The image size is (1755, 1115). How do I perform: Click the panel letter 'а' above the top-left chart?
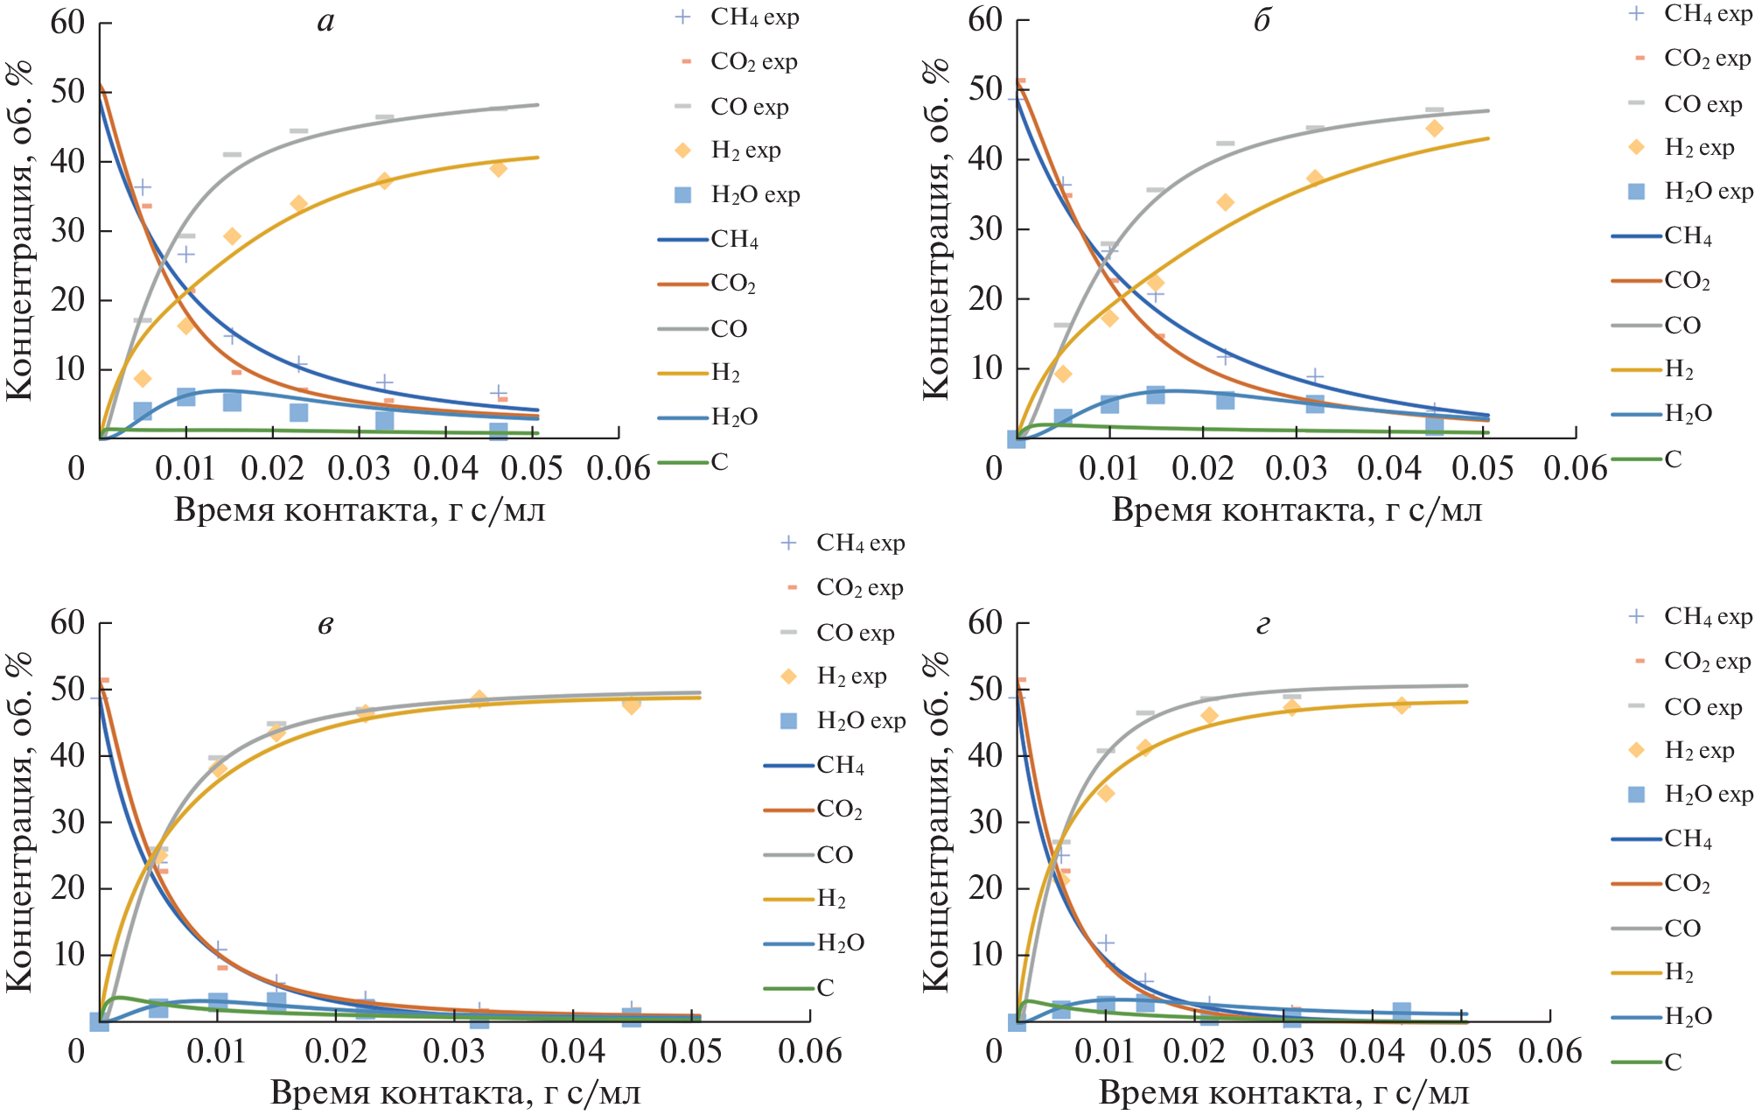(x=325, y=21)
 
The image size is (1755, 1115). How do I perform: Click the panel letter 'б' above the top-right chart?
(x=1262, y=21)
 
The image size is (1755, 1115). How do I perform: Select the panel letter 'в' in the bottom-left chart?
(x=325, y=625)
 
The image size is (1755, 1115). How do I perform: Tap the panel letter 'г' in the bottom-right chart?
(x=1262, y=625)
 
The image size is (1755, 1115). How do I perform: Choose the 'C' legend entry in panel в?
(x=824, y=988)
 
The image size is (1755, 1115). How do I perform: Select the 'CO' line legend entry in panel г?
(x=1682, y=929)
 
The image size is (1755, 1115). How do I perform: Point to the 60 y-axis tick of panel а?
(x=68, y=22)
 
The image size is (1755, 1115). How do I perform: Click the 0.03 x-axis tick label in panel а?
(x=359, y=468)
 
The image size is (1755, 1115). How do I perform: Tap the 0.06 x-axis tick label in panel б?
(x=1575, y=468)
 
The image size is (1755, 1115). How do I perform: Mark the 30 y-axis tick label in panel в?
(x=68, y=822)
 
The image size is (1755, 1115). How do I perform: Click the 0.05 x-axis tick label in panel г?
(x=1460, y=1051)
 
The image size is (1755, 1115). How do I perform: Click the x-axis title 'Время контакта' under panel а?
(x=359, y=509)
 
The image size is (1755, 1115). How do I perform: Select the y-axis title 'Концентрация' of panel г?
(x=936, y=823)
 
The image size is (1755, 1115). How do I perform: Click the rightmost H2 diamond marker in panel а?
(x=499, y=168)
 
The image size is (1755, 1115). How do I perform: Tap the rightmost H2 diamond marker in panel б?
(x=1434, y=129)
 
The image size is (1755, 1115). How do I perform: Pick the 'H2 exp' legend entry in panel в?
(x=850, y=677)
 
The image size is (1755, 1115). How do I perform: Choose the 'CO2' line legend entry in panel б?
(x=1686, y=281)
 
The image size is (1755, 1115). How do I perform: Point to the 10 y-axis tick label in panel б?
(x=986, y=368)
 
